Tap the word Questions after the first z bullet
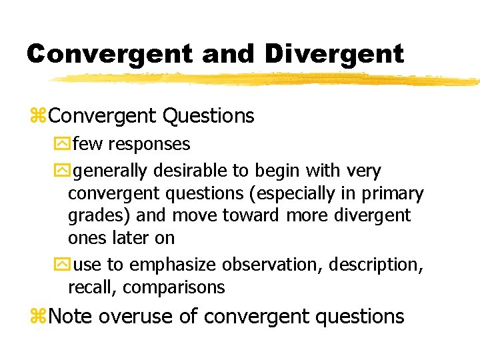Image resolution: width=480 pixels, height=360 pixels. click(x=209, y=116)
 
